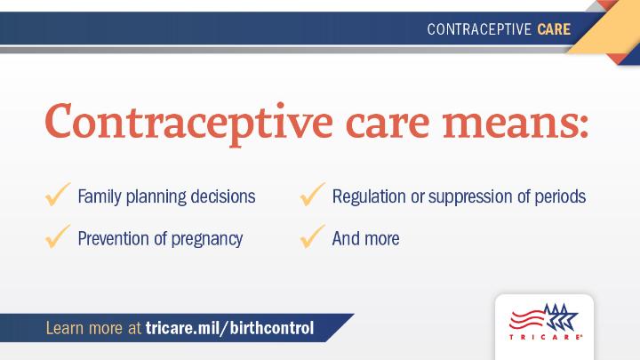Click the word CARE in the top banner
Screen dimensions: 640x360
(x=554, y=29)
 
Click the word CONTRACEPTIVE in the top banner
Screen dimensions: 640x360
(x=479, y=29)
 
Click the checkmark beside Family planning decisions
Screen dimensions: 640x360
(x=58, y=195)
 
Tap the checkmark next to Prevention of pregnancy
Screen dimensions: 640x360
(x=58, y=236)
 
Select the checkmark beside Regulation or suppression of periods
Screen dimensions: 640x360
(x=313, y=195)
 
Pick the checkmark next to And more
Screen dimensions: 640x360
(x=313, y=236)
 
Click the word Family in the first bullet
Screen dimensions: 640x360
(x=100, y=197)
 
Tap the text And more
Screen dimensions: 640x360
(x=365, y=239)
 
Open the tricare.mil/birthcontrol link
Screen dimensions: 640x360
(x=230, y=328)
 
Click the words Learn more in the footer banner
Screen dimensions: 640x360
(x=84, y=328)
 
